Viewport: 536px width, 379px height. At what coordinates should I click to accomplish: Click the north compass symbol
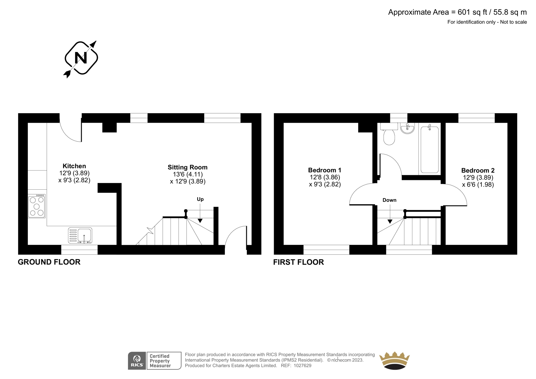[81, 58]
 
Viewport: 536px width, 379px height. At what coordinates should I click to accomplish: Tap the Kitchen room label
[74, 166]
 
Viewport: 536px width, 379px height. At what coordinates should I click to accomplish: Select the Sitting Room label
[188, 167]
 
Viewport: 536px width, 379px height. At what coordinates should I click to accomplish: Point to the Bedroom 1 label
[325, 170]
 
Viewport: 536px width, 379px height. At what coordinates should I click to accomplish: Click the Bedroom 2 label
[478, 170]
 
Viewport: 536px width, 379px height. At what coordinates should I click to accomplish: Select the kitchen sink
[80, 236]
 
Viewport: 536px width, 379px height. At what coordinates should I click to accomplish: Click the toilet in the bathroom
[389, 134]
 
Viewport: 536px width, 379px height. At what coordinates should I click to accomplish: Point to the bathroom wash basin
[407, 128]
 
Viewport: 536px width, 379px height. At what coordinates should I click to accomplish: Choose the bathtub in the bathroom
[429, 149]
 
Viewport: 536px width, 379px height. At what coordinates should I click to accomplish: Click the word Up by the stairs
[200, 199]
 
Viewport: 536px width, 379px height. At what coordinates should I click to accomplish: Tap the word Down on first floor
[389, 200]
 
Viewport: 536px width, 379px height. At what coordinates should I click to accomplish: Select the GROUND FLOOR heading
[49, 262]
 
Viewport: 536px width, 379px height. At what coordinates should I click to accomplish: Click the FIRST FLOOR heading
[298, 262]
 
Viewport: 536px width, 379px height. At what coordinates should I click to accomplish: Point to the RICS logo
[137, 361]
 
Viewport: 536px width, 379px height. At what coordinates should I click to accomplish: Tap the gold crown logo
[394, 361]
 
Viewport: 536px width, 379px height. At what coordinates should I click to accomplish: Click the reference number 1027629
[303, 366]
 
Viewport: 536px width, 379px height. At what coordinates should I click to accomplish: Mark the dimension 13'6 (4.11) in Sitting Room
[188, 174]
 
